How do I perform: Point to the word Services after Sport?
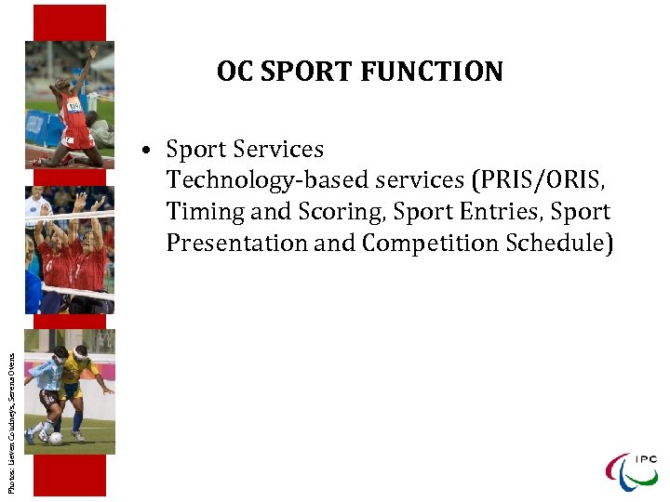pos(278,150)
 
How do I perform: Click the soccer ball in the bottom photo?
pos(56,438)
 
